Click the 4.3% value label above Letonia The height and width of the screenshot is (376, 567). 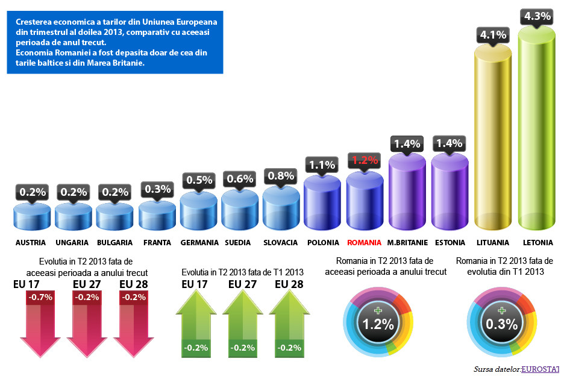(x=537, y=16)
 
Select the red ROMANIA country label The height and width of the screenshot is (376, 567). (x=364, y=243)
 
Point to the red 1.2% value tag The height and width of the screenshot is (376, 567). (x=365, y=161)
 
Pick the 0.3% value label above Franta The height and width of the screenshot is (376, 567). (x=157, y=189)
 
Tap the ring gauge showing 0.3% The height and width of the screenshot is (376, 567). (x=502, y=324)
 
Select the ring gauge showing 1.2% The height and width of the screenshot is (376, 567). (x=378, y=324)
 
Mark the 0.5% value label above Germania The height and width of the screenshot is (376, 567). (x=199, y=180)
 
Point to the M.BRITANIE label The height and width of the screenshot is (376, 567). (x=407, y=243)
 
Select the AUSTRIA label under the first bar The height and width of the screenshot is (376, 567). (x=31, y=243)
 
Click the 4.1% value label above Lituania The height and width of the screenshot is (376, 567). (x=493, y=35)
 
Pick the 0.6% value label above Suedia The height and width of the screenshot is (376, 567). (x=240, y=179)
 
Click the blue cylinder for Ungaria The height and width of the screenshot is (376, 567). (x=73, y=216)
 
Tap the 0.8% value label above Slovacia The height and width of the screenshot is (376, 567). (x=281, y=176)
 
